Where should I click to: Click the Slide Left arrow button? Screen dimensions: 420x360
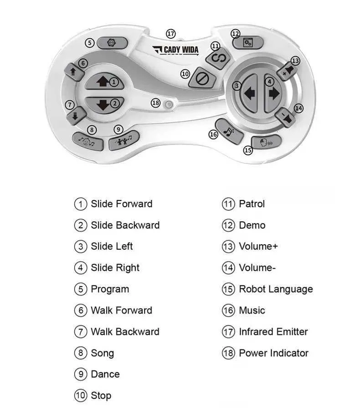[249, 93]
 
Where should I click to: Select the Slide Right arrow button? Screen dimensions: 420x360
[273, 93]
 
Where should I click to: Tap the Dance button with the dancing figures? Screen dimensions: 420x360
[123, 141]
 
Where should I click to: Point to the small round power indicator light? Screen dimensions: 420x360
[169, 104]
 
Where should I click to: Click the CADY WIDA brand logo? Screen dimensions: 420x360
[175, 50]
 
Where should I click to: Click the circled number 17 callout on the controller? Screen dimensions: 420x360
[170, 34]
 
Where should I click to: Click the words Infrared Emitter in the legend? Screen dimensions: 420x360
[273, 332]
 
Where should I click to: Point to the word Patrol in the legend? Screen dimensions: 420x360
[252, 204]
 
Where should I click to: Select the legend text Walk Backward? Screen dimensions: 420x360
[125, 332]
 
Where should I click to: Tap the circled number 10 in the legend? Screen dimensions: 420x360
[80, 395]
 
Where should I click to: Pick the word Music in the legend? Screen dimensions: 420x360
[252, 310]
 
